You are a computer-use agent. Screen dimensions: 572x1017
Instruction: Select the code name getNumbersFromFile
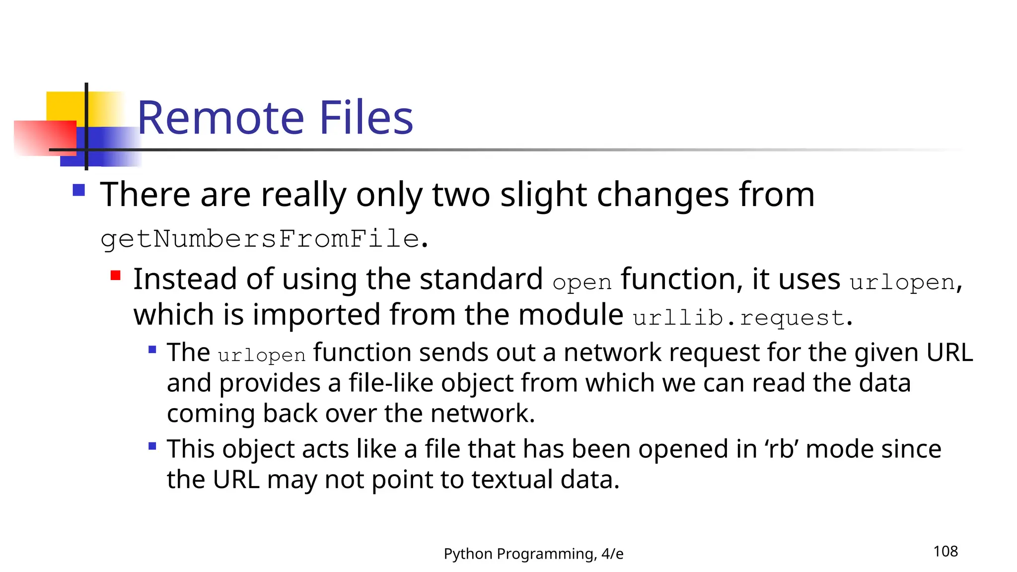260,239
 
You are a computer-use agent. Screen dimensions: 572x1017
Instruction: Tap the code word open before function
581,283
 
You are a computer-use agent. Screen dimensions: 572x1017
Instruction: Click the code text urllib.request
738,318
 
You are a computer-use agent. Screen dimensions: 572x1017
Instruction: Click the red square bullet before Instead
116,276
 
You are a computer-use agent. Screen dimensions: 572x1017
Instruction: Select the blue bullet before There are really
78,190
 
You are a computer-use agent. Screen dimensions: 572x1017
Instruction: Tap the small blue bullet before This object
152,446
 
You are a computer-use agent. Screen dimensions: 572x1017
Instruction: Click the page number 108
945,551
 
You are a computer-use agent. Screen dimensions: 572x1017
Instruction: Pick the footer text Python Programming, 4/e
533,554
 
